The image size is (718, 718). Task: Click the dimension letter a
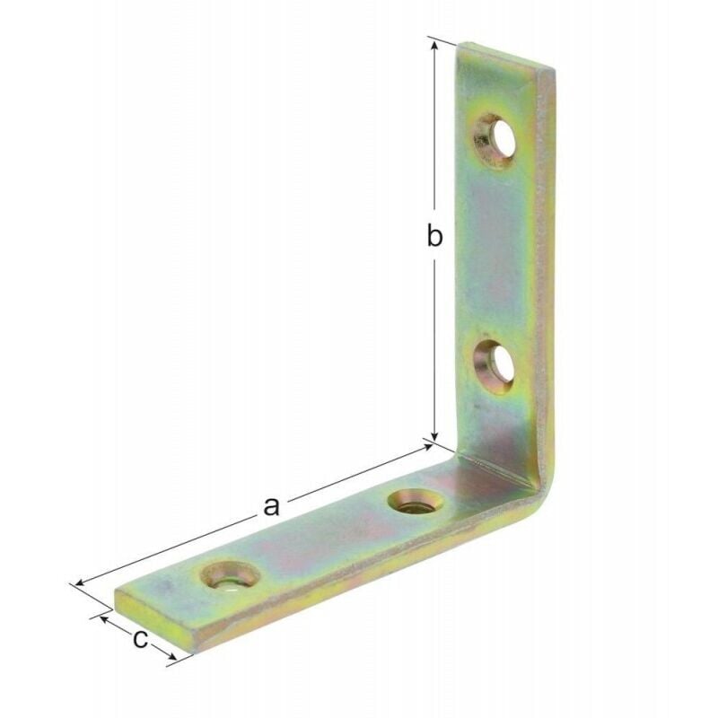pos(272,506)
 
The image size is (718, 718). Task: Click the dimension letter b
pos(434,236)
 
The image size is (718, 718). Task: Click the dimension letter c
pos(141,639)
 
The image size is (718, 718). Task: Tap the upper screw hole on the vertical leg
pos(496,142)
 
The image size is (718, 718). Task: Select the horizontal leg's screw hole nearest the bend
pos(415,503)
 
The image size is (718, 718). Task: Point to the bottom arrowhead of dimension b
pos(435,434)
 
